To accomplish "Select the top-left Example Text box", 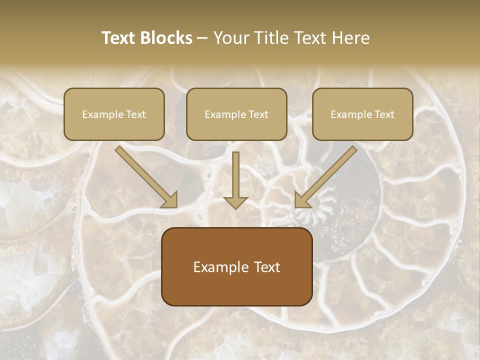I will [114, 114].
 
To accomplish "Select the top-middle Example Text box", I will [236, 114].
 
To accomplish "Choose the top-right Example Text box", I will [362, 114].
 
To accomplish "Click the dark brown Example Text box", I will [236, 266].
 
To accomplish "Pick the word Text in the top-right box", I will [384, 114].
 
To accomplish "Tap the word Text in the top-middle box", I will [258, 114].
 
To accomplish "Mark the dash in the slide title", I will [202, 38].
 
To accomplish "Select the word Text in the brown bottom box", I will [267, 267].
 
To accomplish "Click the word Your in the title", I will [229, 38].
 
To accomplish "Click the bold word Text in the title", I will [118, 38].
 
